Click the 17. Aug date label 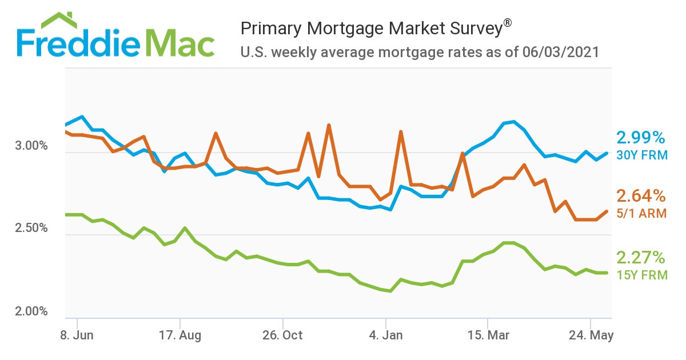pyautogui.click(x=180, y=335)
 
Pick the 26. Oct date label pyautogui.click(x=282, y=335)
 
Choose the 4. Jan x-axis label pyautogui.click(x=386, y=335)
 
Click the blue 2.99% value pyautogui.click(x=641, y=138)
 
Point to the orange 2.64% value pyautogui.click(x=641, y=197)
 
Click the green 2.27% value pyautogui.click(x=641, y=257)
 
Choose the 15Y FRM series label pyautogui.click(x=642, y=275)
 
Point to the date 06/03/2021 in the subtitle pyautogui.click(x=560, y=53)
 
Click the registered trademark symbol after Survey pyautogui.click(x=507, y=23)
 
